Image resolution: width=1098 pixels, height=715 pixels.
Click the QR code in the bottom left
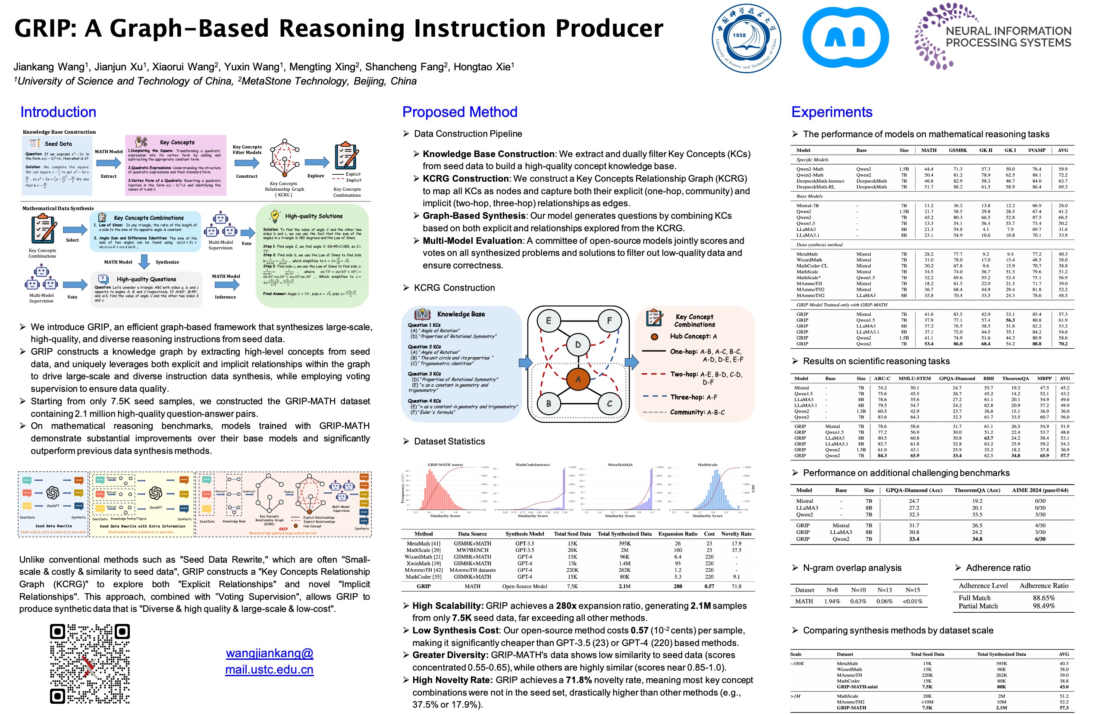click(x=90, y=663)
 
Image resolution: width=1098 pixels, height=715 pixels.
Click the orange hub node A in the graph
click(x=577, y=379)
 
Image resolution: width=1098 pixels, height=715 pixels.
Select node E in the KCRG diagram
click(x=548, y=320)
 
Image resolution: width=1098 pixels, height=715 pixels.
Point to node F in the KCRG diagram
click(x=609, y=320)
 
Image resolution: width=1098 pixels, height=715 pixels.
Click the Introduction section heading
click(x=58, y=112)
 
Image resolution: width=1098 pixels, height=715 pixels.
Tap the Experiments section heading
click(x=831, y=112)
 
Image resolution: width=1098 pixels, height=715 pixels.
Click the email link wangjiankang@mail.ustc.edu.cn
click(x=270, y=661)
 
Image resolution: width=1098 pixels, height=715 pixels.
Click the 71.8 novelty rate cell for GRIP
click(x=736, y=586)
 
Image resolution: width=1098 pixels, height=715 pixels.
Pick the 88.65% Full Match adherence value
click(x=1044, y=598)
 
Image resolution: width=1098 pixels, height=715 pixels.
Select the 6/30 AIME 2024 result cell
click(x=1040, y=539)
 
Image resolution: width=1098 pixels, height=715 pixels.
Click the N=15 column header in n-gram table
click(x=913, y=590)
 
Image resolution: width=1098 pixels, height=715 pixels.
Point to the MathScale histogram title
click(x=707, y=464)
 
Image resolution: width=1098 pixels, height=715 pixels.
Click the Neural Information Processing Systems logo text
click(x=1008, y=37)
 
